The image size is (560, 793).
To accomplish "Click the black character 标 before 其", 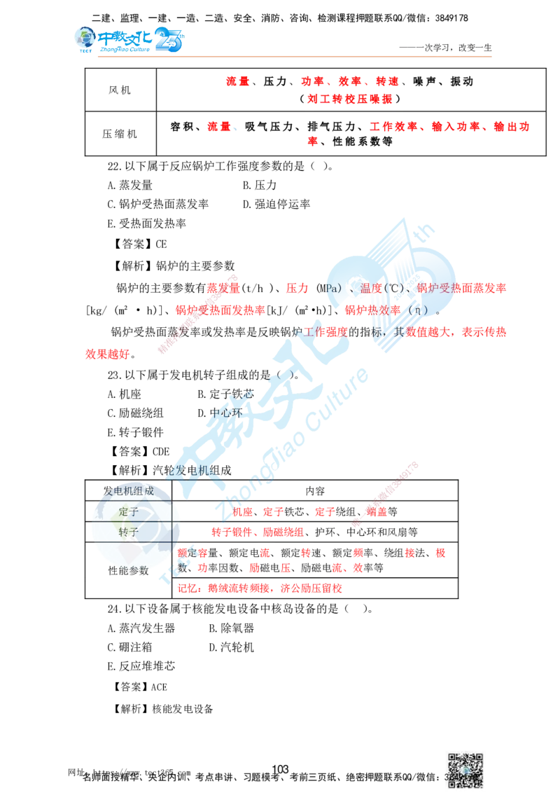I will pos(378,332).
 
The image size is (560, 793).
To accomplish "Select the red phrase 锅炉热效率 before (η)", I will pos(374,310).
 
